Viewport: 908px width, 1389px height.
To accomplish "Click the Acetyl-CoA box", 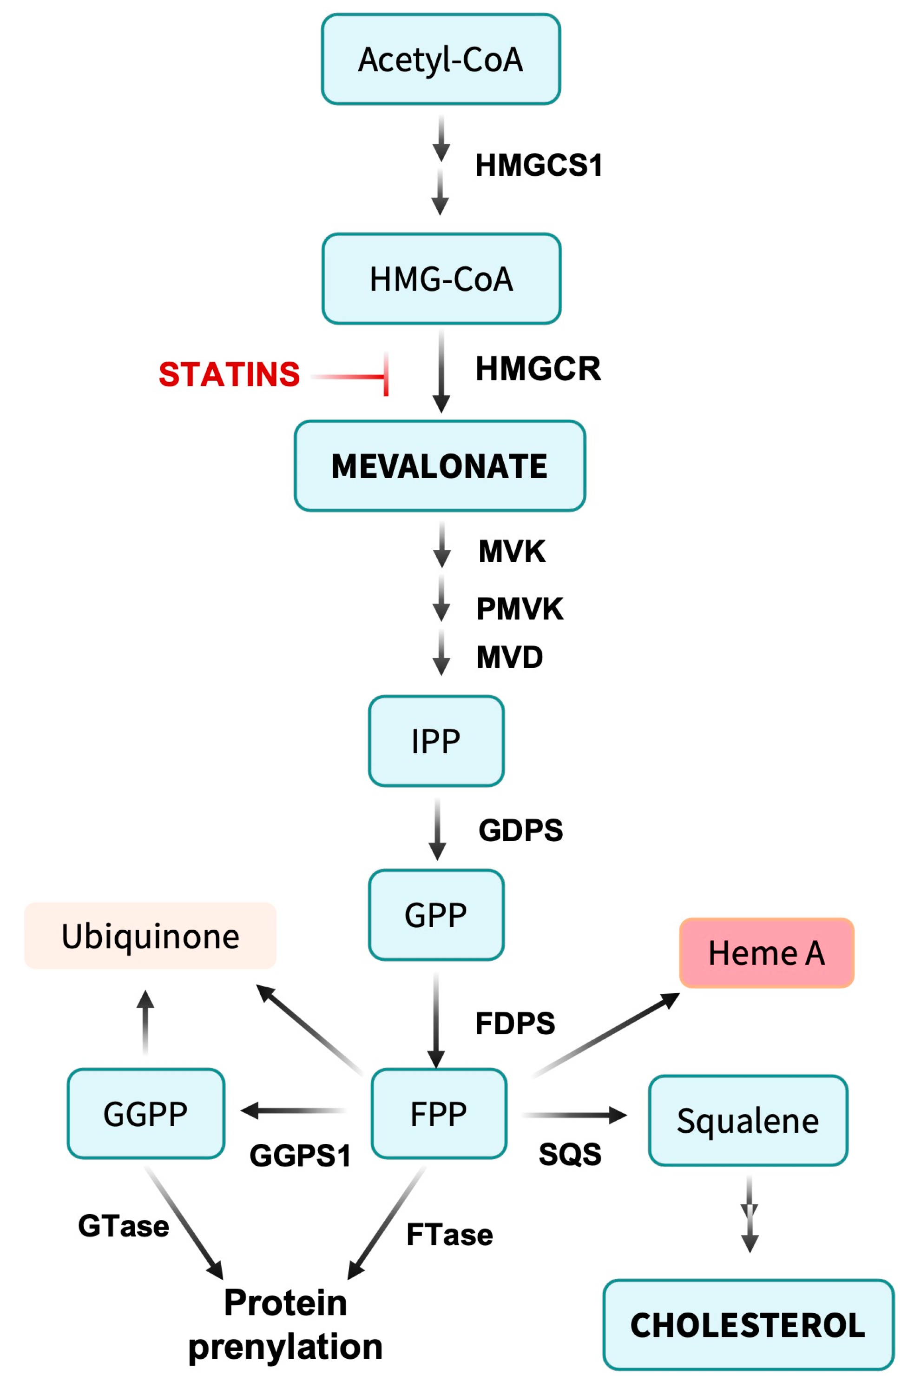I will click(441, 60).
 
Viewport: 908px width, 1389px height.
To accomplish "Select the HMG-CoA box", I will click(441, 279).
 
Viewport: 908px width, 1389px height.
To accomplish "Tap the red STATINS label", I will click(229, 374).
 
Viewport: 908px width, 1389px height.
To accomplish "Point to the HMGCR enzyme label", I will click(538, 369).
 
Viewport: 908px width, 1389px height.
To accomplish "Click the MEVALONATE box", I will click(439, 466).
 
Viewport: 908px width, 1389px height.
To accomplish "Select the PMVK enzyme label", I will click(520, 609).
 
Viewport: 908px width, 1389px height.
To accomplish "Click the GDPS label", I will click(520, 830).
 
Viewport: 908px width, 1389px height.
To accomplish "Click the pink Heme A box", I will click(766, 953).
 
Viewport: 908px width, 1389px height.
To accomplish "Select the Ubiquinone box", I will click(150, 936).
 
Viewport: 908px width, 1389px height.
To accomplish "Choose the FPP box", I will click(439, 1114).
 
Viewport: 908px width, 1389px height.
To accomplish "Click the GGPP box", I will click(146, 1114).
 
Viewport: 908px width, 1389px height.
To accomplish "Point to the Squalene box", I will click(748, 1121).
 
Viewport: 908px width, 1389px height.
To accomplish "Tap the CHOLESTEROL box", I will click(748, 1325).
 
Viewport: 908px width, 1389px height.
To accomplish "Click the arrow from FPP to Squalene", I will click(574, 1115).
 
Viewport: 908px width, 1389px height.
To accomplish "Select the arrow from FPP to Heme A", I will click(606, 1035).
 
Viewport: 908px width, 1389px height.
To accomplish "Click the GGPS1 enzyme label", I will click(300, 1156).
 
